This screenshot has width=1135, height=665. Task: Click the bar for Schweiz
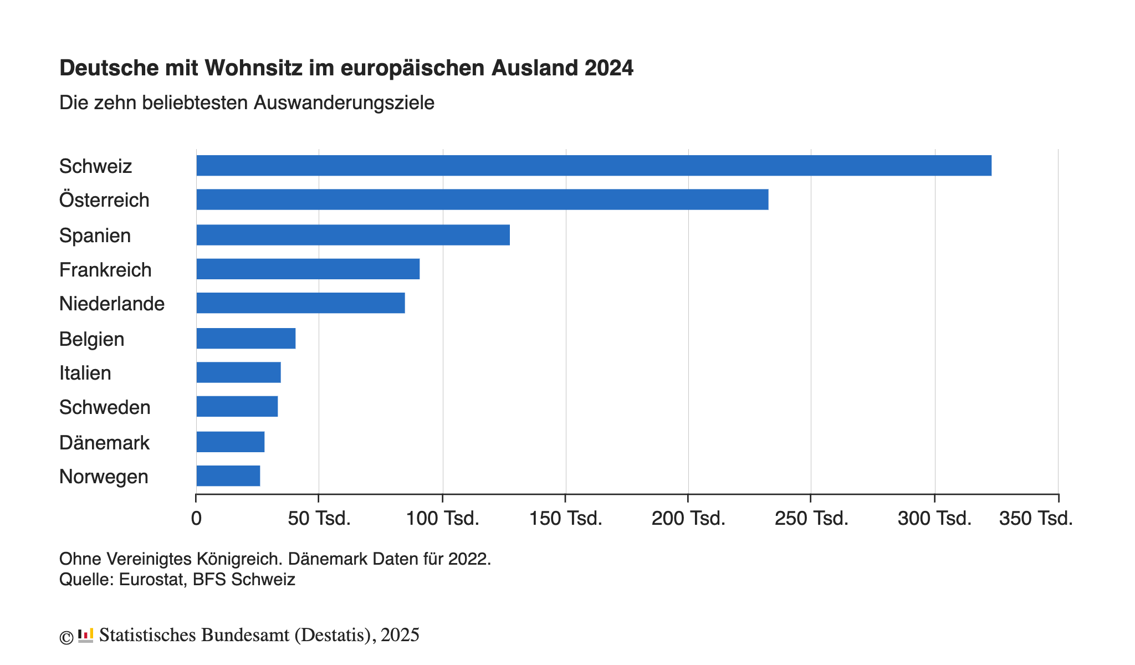(594, 166)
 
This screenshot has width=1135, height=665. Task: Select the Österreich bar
(482, 199)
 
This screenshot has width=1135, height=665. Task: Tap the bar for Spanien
(353, 235)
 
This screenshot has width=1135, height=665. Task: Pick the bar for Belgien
(246, 339)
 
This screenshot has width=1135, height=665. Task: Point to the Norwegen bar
(228, 476)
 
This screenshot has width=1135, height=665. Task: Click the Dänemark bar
(231, 442)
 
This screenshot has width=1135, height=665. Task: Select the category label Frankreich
(105, 270)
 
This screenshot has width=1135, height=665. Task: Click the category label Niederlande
(112, 304)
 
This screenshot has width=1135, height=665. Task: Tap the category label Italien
(85, 373)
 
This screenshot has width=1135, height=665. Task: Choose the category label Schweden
(105, 407)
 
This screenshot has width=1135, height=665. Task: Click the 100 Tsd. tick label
(443, 519)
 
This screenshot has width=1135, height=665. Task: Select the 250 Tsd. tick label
(811, 519)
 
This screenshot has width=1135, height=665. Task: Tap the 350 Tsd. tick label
(1036, 519)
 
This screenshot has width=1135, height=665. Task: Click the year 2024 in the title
(609, 68)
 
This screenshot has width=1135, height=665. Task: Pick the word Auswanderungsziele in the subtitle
(344, 103)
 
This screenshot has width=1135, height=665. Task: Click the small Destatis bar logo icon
(85, 636)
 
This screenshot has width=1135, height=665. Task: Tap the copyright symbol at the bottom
(66, 638)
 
